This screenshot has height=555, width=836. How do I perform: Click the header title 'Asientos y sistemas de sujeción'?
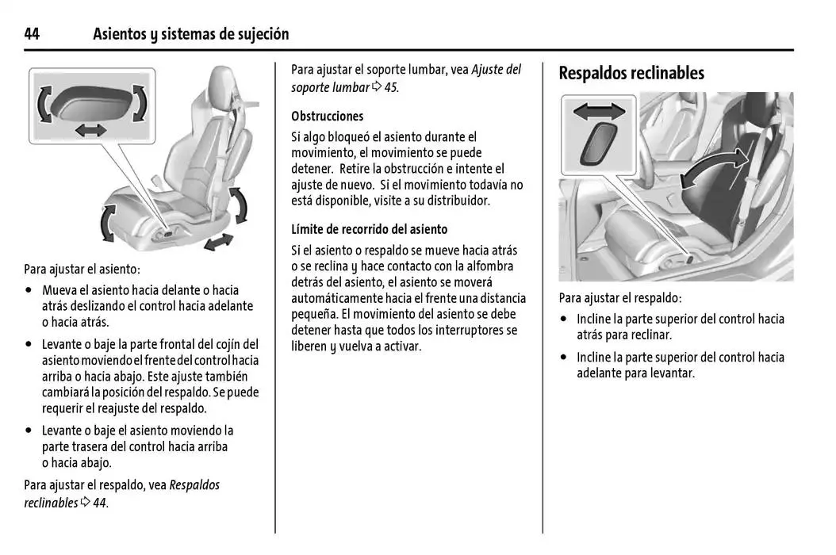[x=190, y=34]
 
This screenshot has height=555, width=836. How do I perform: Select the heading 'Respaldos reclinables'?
[x=631, y=73]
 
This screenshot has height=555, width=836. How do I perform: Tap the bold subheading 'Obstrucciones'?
[x=327, y=116]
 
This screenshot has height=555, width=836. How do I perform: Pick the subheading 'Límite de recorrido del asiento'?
[x=369, y=229]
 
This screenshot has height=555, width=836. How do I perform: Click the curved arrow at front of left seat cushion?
[x=106, y=222]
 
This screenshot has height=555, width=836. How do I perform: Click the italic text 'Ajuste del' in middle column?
[x=497, y=70]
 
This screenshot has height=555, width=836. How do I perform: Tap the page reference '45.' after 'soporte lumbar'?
[x=391, y=87]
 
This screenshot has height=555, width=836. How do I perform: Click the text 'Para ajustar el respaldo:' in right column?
[x=619, y=298]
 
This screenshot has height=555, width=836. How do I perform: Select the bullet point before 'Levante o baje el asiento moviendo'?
[x=29, y=431]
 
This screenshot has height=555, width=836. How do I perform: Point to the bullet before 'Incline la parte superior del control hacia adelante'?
[x=564, y=358]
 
